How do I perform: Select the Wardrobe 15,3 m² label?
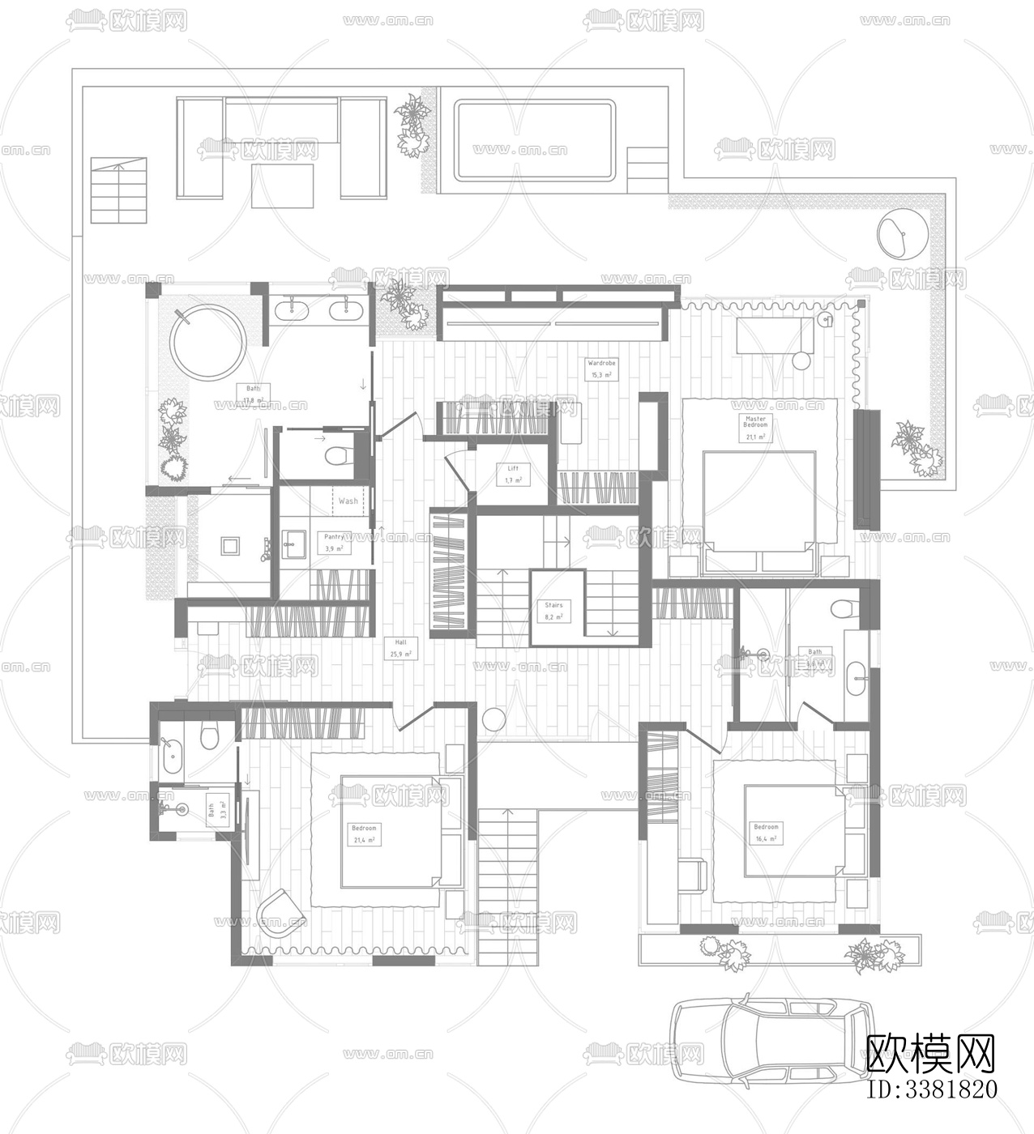click(601, 369)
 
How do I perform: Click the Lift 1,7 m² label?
click(513, 474)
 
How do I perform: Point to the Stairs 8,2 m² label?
click(553, 611)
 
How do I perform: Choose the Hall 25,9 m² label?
click(401, 647)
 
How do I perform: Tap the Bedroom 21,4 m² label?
click(364, 833)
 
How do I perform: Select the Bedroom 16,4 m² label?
click(766, 833)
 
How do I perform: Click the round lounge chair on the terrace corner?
click(902, 233)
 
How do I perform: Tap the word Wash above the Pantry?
click(348, 501)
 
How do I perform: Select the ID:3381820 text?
click(932, 1089)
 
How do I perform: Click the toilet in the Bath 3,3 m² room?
click(209, 736)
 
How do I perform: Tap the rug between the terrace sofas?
click(282, 185)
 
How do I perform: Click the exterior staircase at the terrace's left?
click(118, 191)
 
